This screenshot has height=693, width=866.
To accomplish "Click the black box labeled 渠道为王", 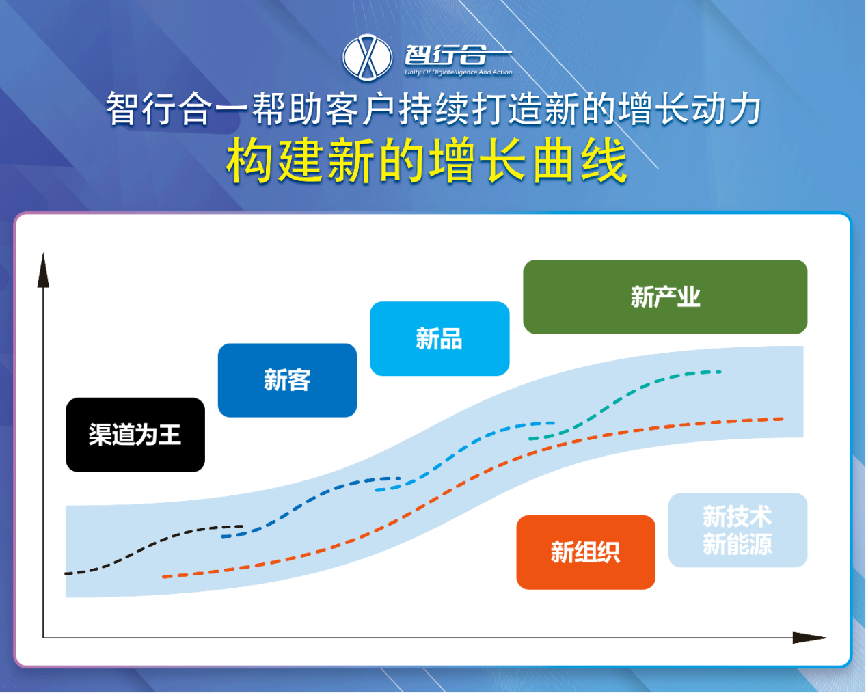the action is click(x=135, y=435).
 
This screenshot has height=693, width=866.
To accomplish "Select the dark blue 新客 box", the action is click(x=287, y=380).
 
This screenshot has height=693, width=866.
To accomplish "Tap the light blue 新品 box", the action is click(x=439, y=338).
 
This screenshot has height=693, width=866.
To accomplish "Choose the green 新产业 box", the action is click(x=665, y=297).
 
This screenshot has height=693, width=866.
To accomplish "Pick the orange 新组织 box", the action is click(x=586, y=552).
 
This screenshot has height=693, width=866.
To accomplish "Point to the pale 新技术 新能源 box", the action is click(x=738, y=530).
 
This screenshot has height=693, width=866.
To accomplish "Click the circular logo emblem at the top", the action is click(x=367, y=57).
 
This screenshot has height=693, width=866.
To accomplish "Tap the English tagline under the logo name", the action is click(x=459, y=72).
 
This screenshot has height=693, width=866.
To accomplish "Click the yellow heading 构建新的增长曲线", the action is click(x=427, y=160).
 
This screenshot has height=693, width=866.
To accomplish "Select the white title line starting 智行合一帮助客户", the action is click(x=433, y=109).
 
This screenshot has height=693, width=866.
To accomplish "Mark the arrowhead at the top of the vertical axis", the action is click(x=43, y=270).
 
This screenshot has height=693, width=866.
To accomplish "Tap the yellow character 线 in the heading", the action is click(x=604, y=160).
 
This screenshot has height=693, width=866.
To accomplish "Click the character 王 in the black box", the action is click(x=170, y=435).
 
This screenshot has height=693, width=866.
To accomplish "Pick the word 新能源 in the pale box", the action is click(x=738, y=544).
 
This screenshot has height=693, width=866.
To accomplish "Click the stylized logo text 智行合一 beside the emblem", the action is click(x=458, y=55).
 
